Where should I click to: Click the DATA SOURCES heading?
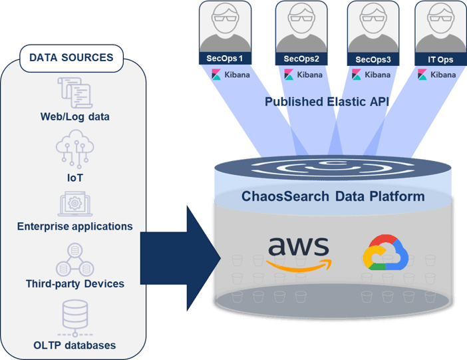[x=71, y=58]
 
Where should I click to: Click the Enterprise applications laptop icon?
[x=75, y=203]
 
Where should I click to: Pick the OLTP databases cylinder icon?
[x=75, y=315]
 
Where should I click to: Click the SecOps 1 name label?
[x=226, y=59]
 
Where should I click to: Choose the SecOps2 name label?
[x=301, y=59]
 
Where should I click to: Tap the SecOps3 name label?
[x=373, y=59]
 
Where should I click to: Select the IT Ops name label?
[x=440, y=59]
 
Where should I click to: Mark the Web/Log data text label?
[x=74, y=117]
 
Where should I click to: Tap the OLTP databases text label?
[x=75, y=345]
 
